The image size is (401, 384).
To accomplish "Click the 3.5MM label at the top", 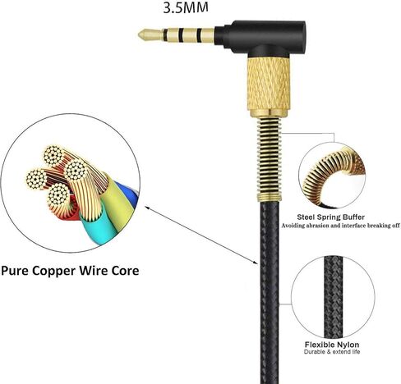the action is (186, 7).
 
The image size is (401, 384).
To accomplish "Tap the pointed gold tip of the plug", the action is (139, 35).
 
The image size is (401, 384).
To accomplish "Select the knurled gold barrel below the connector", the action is (269, 85).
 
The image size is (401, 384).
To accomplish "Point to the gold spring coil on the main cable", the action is (270, 158).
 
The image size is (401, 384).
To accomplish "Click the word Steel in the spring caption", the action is (306, 217).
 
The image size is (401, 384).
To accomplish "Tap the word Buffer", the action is (353, 217).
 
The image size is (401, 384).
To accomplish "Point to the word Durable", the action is (314, 352).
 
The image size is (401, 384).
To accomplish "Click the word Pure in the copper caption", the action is (16, 271).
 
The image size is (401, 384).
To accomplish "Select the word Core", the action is (125, 271).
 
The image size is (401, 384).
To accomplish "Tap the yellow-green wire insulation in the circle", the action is (117, 203).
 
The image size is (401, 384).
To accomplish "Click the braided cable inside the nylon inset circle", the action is (333, 298).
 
